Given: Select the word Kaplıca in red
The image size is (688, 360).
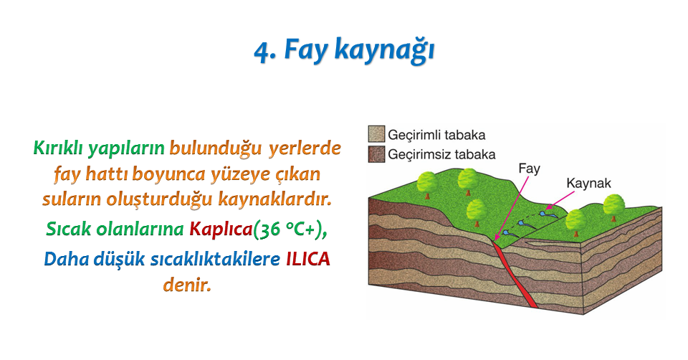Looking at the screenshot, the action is click(x=221, y=229).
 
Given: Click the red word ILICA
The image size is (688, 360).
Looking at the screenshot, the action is click(x=307, y=259).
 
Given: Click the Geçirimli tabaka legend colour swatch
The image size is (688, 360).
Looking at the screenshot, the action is click(x=376, y=134).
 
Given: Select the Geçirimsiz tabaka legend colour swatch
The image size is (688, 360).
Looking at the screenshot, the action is click(x=376, y=154).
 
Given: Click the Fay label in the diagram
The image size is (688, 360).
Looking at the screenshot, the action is click(x=529, y=169).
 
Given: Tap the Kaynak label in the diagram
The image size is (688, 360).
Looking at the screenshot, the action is click(x=588, y=183).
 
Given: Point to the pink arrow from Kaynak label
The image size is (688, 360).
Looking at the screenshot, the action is click(x=560, y=200).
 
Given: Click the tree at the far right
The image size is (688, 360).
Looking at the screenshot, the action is click(x=613, y=207).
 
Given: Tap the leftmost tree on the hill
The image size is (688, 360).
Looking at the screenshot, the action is click(x=427, y=185).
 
